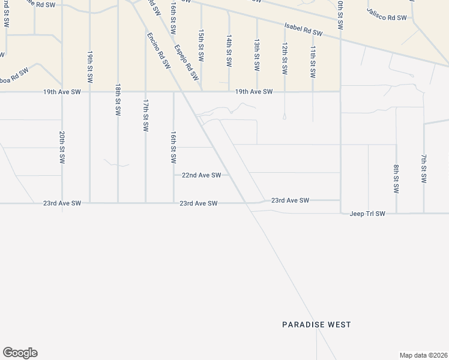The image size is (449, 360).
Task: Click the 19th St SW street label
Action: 89,66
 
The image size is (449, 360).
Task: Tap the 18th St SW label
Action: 118,100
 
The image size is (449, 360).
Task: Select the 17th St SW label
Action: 145,116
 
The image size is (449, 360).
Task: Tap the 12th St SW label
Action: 285,58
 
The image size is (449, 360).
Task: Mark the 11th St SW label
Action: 313,62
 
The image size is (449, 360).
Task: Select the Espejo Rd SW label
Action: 186,62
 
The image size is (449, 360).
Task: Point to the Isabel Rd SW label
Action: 304,30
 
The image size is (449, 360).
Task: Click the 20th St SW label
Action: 62,148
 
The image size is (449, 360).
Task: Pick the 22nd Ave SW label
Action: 202,175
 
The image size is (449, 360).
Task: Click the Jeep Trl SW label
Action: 367,213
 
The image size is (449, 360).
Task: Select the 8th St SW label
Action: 396,179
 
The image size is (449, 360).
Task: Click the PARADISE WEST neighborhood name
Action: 316,325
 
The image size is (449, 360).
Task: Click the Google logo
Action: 20,353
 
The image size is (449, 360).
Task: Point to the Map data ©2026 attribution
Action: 423,355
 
